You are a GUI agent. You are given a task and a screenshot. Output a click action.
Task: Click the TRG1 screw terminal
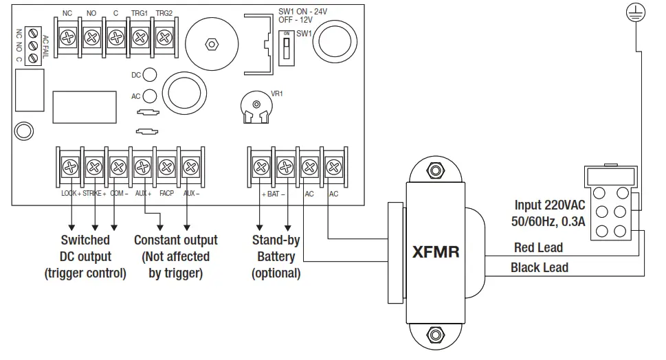pyautogui.click(x=140, y=38)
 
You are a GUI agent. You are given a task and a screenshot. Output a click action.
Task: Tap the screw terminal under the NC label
pyautogui.click(x=67, y=38)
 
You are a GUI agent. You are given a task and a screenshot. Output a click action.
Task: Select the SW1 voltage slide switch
pyautogui.click(x=287, y=48)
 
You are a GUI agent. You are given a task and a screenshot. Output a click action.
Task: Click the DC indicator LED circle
pyautogui.click(x=150, y=75)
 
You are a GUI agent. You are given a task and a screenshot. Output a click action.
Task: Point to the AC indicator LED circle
pyautogui.click(x=150, y=96)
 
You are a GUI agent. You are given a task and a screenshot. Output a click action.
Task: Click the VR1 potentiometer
pyautogui.click(x=256, y=106)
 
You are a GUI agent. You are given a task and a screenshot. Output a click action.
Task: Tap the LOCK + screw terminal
pyautogui.click(x=70, y=167)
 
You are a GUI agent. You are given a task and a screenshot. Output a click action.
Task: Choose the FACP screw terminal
pyautogui.click(x=166, y=167)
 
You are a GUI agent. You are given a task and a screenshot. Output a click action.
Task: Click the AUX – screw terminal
pyautogui.click(x=190, y=167)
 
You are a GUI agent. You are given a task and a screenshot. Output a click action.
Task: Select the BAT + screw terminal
pyautogui.click(x=261, y=167)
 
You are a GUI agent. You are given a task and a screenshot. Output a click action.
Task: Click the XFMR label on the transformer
pyautogui.click(x=436, y=252)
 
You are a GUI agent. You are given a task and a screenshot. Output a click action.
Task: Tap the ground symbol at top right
pyautogui.click(x=636, y=12)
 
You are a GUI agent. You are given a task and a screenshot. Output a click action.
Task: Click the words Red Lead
pyautogui.click(x=539, y=247)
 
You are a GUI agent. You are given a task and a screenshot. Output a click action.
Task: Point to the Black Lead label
pyautogui.click(x=540, y=267)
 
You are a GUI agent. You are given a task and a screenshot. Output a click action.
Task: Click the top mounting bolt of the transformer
pyautogui.click(x=435, y=171)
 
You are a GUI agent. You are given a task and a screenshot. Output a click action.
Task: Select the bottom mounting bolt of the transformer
pyautogui.click(x=435, y=335)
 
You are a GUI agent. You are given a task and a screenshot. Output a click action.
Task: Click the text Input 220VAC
pyautogui.click(x=550, y=205)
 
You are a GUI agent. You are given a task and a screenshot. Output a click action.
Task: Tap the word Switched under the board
pyautogui.click(x=85, y=240)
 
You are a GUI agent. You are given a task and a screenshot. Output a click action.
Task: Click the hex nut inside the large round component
pyautogui.click(x=212, y=44)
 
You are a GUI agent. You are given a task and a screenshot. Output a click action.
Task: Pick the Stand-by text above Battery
pyautogui.click(x=276, y=240)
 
